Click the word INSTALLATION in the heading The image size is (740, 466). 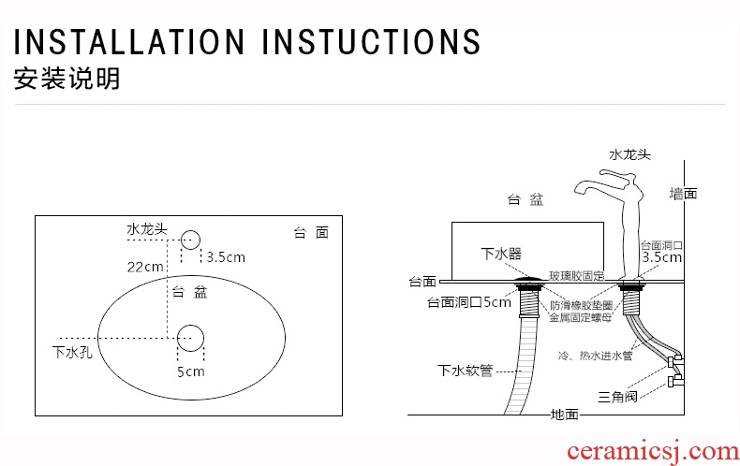pyautogui.click(x=129, y=41)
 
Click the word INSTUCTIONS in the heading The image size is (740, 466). pyautogui.click(x=371, y=41)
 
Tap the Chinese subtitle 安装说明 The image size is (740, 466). pyautogui.click(x=67, y=79)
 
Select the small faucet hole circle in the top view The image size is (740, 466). pyautogui.click(x=191, y=240)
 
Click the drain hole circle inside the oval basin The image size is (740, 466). pyautogui.click(x=191, y=338)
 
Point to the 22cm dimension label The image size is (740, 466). pyautogui.click(x=145, y=267)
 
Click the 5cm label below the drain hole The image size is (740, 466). pyautogui.click(x=191, y=371)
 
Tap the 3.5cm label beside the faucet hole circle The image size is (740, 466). pyautogui.click(x=226, y=257)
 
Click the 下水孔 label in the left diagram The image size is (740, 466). pyautogui.click(x=72, y=352)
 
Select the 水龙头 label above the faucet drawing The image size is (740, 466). pyautogui.click(x=630, y=154)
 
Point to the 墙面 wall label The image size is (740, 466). pyautogui.click(x=684, y=194)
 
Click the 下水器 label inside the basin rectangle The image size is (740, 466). pyautogui.click(x=501, y=254)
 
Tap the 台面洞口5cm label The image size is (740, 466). pyautogui.click(x=469, y=302)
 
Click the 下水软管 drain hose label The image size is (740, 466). pyautogui.click(x=465, y=371)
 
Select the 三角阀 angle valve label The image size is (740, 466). pyautogui.click(x=618, y=397)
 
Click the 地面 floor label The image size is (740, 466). pyautogui.click(x=565, y=415)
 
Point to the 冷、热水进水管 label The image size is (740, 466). pyautogui.click(x=595, y=356)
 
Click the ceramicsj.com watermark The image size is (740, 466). pyautogui.click(x=653, y=452)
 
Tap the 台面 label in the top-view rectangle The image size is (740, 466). pyautogui.click(x=311, y=232)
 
